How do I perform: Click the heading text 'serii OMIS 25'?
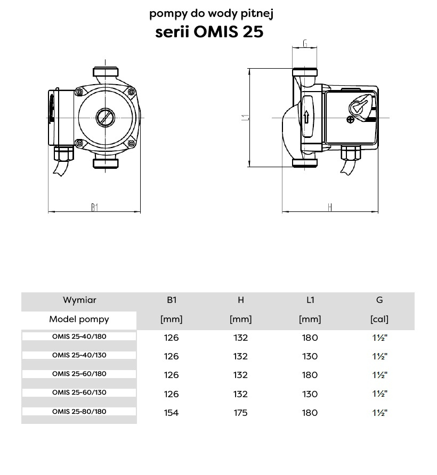pyautogui.click(x=209, y=32)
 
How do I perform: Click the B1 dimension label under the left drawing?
pyautogui.click(x=95, y=207)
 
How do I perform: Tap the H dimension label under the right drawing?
pyautogui.click(x=330, y=207)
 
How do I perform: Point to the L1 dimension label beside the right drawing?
pyautogui.click(x=246, y=118)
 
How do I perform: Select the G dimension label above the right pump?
pyautogui.click(x=305, y=44)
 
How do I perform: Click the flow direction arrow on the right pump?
pyautogui.click(x=306, y=117)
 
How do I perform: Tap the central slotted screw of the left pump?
pyautogui.click(x=106, y=118)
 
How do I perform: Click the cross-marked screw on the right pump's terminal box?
pyautogui.click(x=350, y=120)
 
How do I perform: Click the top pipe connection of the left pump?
pyautogui.click(x=106, y=72)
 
